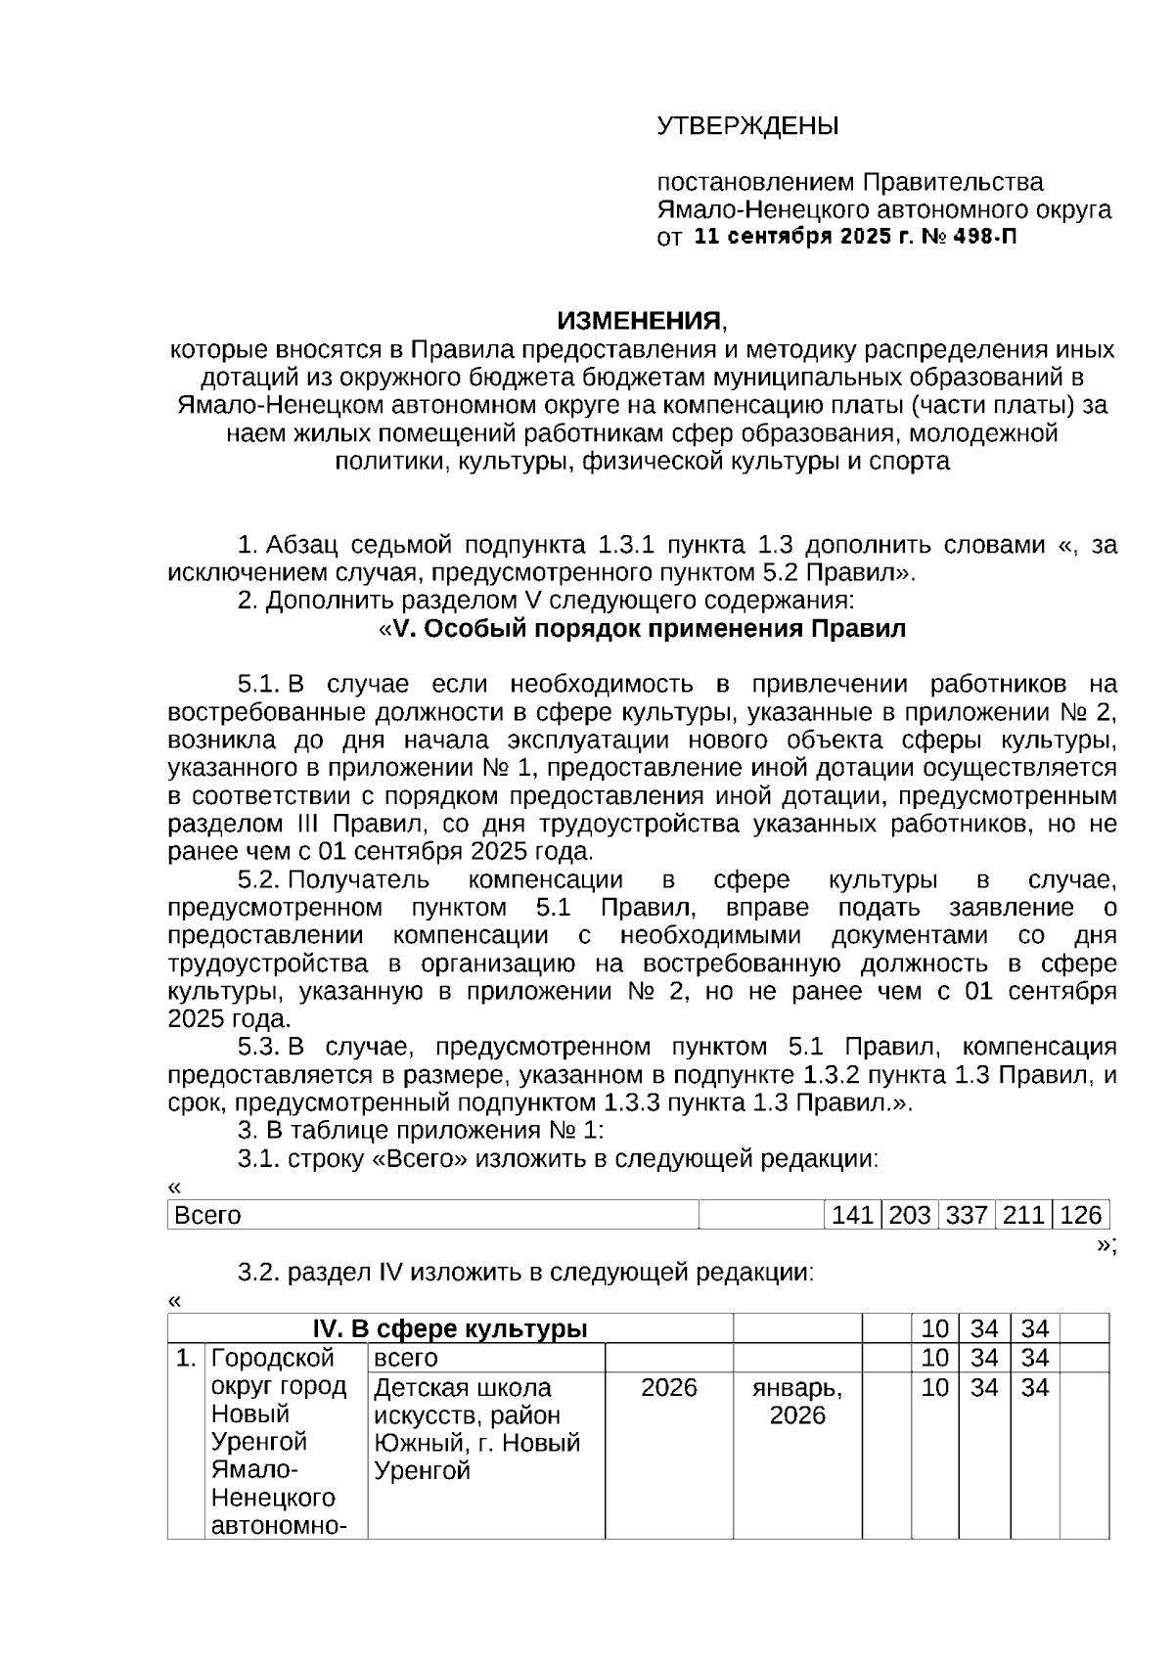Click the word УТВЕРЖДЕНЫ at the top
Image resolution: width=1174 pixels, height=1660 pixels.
pos(747,126)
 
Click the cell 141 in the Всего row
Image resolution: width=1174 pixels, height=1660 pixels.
pos(851,1216)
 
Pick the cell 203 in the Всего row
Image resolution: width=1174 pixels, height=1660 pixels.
pos(909,1216)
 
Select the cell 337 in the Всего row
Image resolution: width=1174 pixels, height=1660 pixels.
pos(966,1216)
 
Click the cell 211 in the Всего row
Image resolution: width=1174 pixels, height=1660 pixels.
pos(1023,1216)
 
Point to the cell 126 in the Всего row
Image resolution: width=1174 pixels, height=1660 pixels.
pos(1080,1216)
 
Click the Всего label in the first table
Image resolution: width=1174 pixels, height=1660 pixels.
pos(207,1216)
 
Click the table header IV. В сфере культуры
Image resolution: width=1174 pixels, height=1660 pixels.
pos(449,1328)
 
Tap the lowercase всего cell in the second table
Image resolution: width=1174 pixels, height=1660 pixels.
pos(406,1358)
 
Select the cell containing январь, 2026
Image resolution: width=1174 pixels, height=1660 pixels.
pos(796,1401)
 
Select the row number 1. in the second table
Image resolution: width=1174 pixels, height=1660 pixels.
pos(185,1358)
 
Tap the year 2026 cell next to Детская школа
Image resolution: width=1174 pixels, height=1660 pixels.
pos(668,1387)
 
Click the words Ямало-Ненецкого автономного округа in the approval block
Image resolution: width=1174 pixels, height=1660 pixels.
pos(883,209)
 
